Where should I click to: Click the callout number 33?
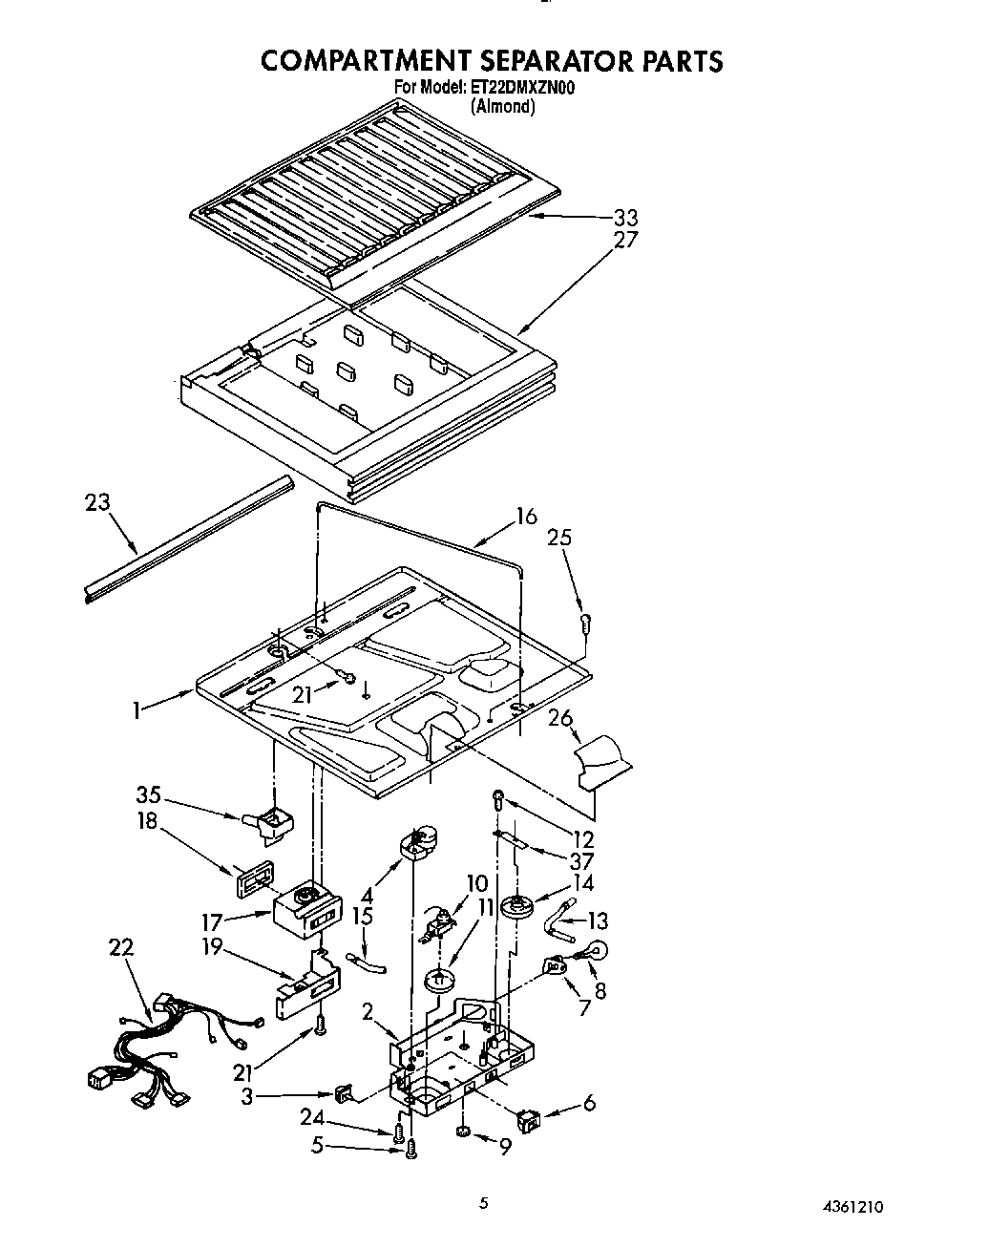coord(625,218)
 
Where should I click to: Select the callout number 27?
coord(625,240)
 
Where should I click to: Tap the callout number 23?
coord(97,502)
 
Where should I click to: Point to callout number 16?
coord(526,517)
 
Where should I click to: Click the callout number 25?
coord(559,538)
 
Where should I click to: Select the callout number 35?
coord(148,795)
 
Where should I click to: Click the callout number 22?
coord(121,947)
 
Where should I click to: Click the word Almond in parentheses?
coord(502,106)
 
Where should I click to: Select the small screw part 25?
coord(584,624)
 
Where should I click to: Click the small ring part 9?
coord(462,1131)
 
